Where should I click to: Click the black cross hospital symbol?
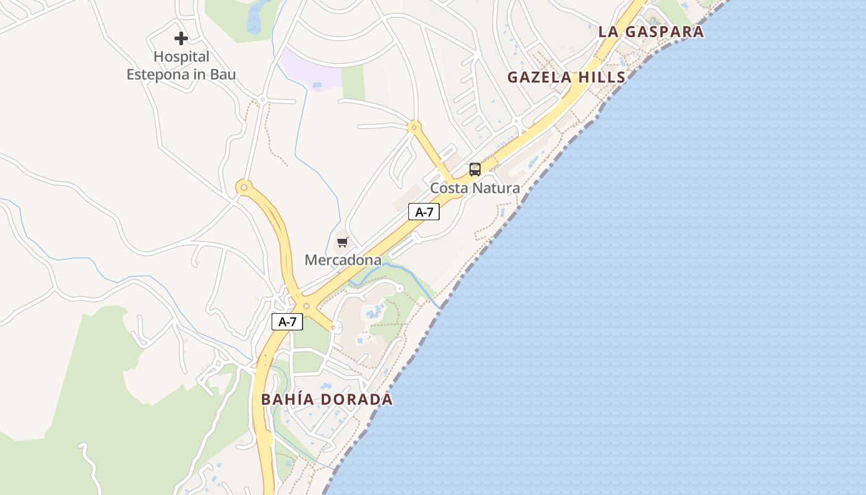click(x=181, y=38)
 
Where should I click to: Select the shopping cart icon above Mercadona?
click(x=342, y=242)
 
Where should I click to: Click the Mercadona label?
click(x=343, y=260)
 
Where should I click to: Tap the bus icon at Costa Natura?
click(x=474, y=169)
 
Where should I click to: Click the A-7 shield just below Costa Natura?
click(x=424, y=212)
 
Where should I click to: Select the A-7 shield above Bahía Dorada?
click(x=287, y=322)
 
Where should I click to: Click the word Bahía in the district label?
click(x=286, y=399)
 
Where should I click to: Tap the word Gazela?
click(x=536, y=77)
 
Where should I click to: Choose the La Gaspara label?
click(x=651, y=32)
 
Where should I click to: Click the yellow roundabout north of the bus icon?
click(x=413, y=127)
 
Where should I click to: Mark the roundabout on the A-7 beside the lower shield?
click(x=306, y=306)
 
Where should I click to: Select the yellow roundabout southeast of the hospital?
click(x=244, y=186)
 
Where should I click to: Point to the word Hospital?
click(x=181, y=57)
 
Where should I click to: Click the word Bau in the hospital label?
click(x=222, y=75)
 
